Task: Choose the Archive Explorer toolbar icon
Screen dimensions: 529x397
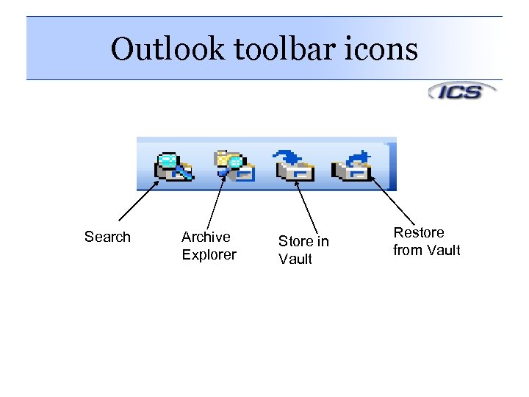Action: [234, 165]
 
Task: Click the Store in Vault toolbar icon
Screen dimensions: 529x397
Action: [295, 165]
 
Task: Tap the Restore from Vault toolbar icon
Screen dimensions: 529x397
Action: [353, 165]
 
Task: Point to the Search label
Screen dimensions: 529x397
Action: [107, 237]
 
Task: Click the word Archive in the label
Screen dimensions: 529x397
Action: [206, 237]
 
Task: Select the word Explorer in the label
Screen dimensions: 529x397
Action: [209, 254]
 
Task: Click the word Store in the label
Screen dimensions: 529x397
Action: [294, 241]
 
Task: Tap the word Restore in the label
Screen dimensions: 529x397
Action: [419, 232]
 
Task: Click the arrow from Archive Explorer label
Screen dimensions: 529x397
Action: [214, 201]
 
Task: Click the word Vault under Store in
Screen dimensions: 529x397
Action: [295, 259]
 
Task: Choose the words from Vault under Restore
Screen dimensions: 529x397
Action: [427, 250]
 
